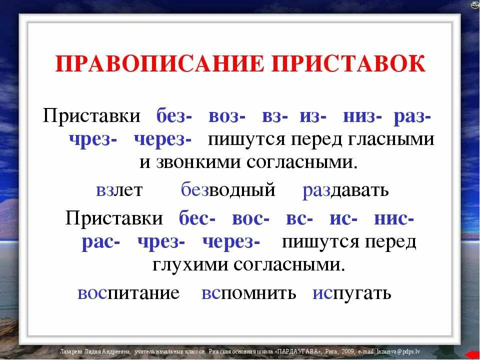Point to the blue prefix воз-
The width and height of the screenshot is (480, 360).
point(226,117)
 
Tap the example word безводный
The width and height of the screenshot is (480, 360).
point(228,190)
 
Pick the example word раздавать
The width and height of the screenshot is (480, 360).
point(345,190)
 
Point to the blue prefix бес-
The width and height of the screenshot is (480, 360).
point(197,219)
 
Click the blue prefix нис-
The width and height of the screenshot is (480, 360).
point(393,219)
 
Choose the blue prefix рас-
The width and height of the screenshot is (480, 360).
point(100,242)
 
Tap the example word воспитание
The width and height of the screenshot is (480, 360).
point(128,293)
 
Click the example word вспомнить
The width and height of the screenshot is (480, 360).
point(249,293)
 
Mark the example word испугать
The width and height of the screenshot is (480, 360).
point(352,293)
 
